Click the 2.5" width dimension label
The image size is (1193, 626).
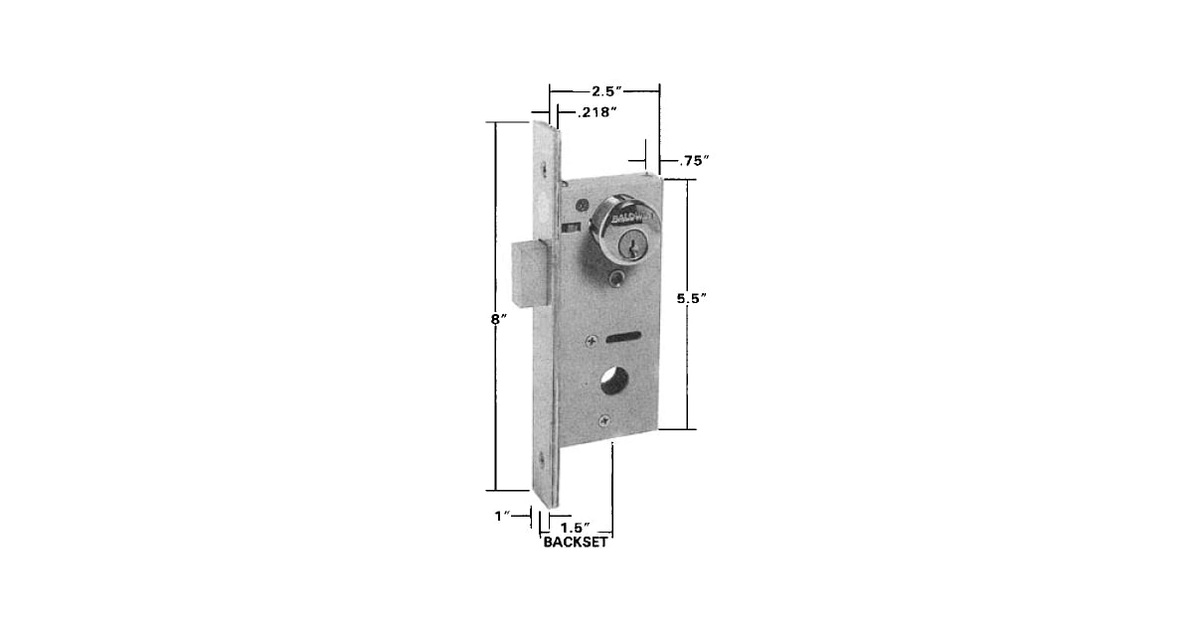point(604,91)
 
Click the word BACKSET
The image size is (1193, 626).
point(576,543)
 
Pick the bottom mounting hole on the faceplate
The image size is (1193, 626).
point(542,460)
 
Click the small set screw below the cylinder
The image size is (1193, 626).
point(618,277)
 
